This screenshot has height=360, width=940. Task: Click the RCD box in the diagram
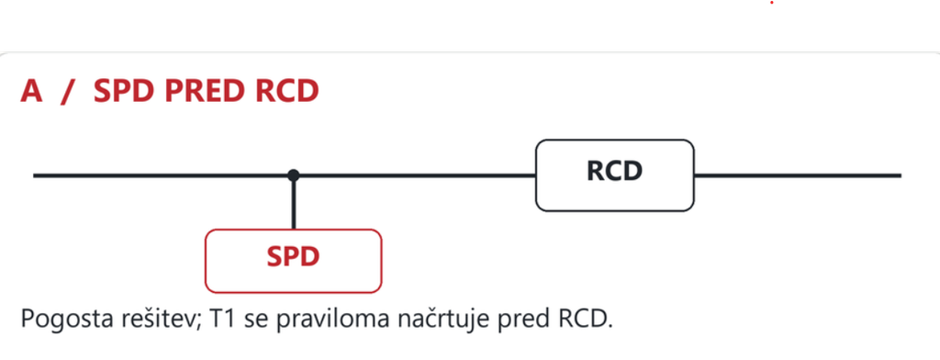(614, 175)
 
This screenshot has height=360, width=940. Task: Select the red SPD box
(293, 261)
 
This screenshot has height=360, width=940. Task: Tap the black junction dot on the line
(293, 175)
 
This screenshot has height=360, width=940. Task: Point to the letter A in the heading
(32, 92)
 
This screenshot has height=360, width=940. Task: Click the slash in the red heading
(68, 93)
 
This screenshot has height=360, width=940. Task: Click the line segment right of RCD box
(798, 175)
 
